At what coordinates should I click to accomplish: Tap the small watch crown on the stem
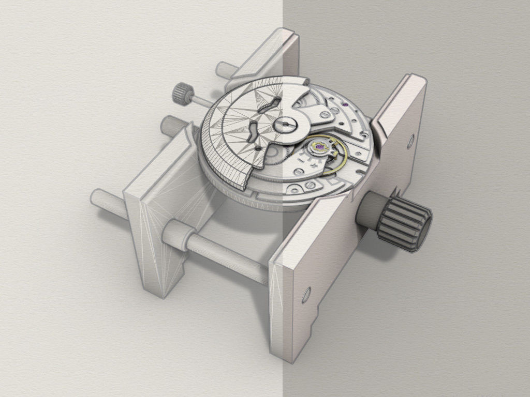point(181,93)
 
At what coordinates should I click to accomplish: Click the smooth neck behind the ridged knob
point(368,212)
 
